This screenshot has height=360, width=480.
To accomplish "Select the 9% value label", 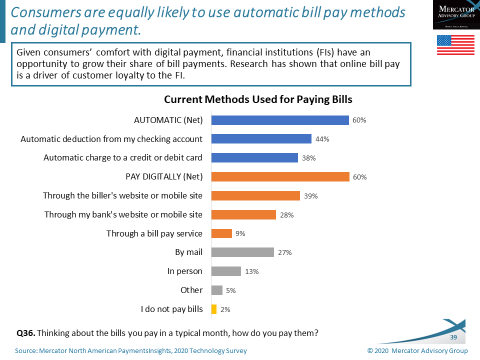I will pos(241,234).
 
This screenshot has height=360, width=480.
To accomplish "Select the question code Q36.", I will pos(27,330).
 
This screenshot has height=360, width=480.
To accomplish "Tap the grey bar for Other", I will pos(217,290).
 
